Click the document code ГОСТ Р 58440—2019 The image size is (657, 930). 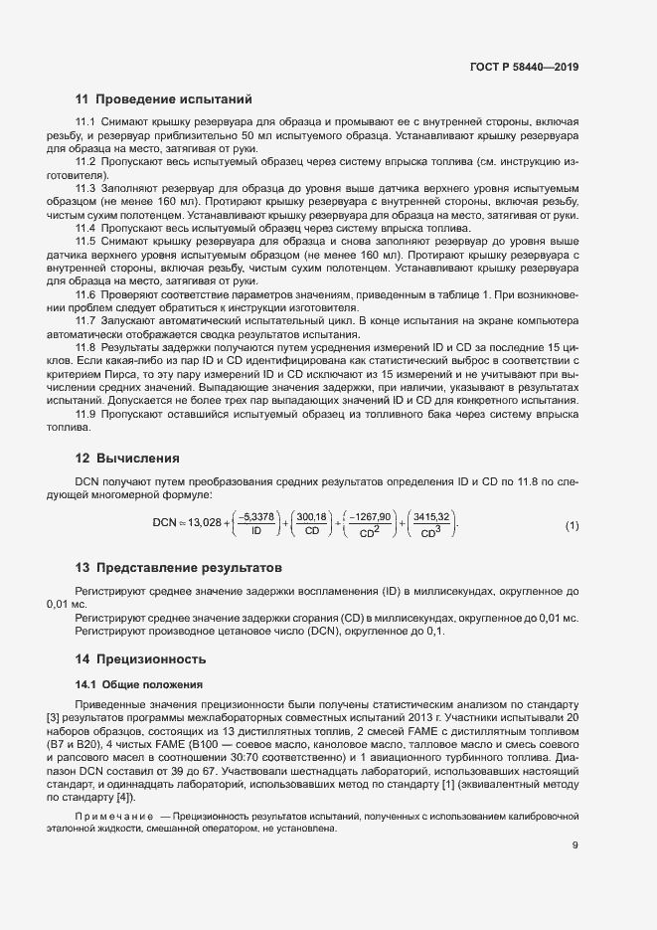[524, 67]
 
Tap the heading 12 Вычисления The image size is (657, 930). [127, 459]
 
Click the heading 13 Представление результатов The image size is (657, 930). [180, 568]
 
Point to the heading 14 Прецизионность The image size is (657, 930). [141, 658]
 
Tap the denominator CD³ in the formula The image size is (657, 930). [430, 531]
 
